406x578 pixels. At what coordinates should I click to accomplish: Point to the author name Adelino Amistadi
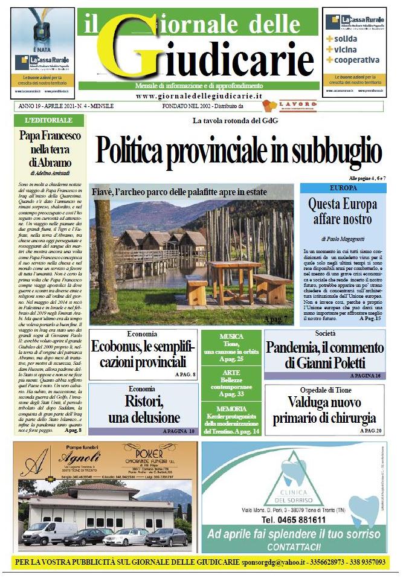48,172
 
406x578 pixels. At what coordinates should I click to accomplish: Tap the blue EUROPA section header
343,188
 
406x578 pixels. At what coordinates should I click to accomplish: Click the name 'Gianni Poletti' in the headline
334,364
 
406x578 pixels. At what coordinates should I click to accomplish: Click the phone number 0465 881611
294,519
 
